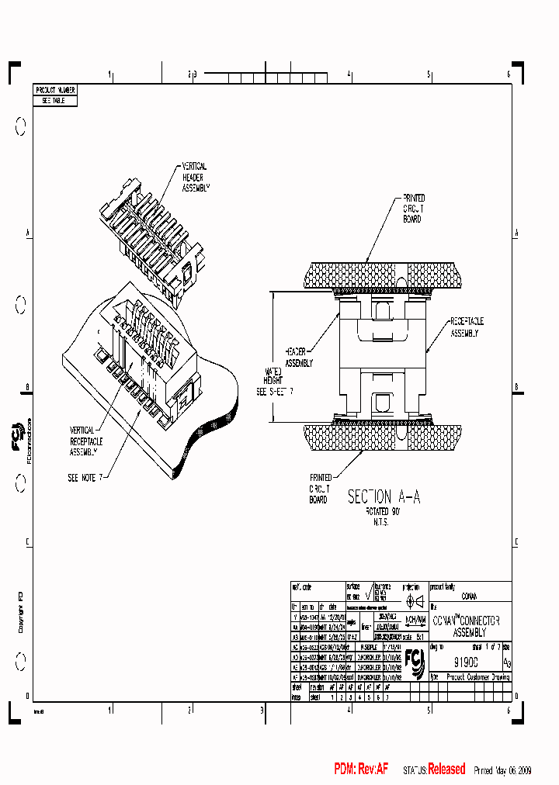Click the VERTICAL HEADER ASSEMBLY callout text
tap(196, 178)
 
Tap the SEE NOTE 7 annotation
tap(85, 477)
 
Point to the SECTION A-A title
tap(384, 497)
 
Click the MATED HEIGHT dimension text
tap(275, 382)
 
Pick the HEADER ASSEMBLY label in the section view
tap(299, 357)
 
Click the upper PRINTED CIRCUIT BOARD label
tap(412, 209)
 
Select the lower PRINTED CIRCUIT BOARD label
tap(320, 489)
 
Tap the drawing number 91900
tap(466, 662)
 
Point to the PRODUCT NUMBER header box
tap(55, 91)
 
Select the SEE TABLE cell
tap(55, 101)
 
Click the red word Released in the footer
tap(446, 769)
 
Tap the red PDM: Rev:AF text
tap(361, 769)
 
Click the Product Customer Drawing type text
tap(478, 677)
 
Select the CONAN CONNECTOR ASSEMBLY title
tap(466, 627)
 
